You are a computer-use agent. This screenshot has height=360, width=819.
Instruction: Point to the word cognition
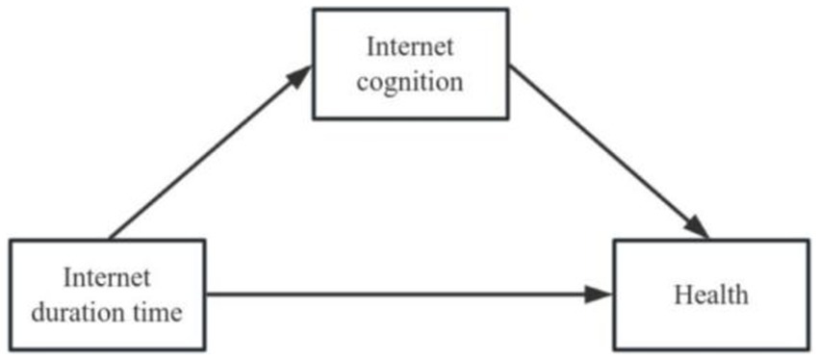pos(409,82)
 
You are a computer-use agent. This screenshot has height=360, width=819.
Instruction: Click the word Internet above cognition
pos(409,48)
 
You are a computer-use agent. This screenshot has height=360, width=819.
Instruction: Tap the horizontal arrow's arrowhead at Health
pos(601,294)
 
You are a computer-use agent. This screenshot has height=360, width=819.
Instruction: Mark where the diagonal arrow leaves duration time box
pos(111,237)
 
